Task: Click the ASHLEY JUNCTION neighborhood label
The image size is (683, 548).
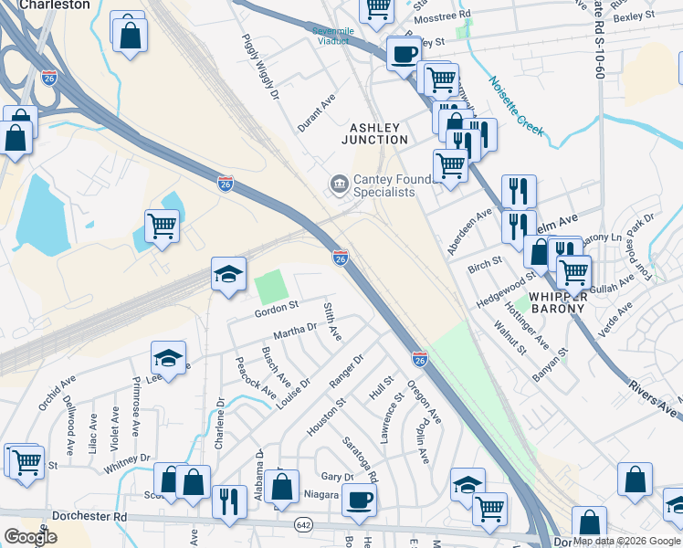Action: click(374, 133)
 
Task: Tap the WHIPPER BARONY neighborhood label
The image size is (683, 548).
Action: click(551, 302)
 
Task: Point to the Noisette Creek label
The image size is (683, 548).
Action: click(517, 107)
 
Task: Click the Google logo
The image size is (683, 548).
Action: click(30, 537)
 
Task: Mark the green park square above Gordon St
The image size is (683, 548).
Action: click(271, 288)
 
